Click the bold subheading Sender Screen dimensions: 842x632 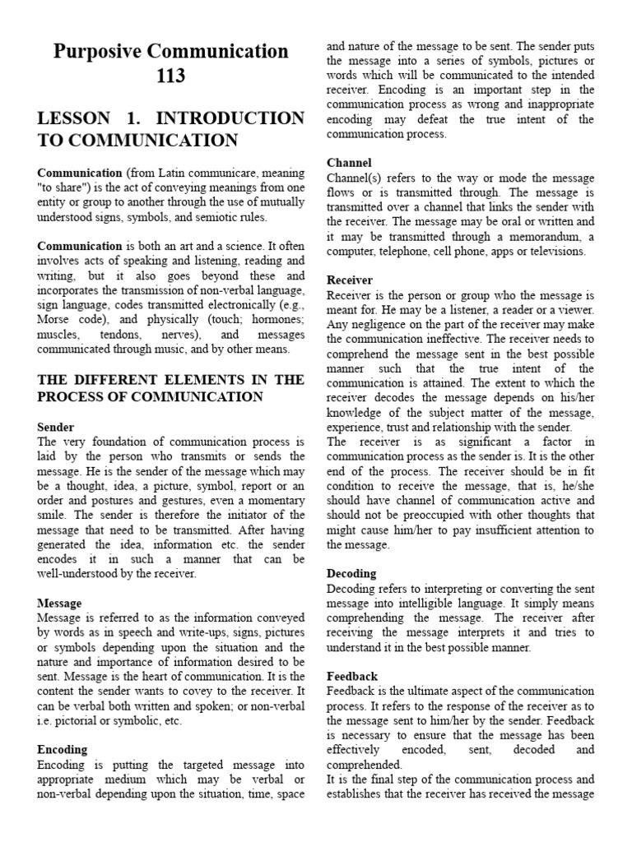56,428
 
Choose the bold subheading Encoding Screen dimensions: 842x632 63,749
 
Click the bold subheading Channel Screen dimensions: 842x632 349,163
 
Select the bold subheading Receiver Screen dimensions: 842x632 350,280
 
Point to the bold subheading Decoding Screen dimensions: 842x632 351,573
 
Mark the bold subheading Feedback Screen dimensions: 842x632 352,676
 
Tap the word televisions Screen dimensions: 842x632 555,251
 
